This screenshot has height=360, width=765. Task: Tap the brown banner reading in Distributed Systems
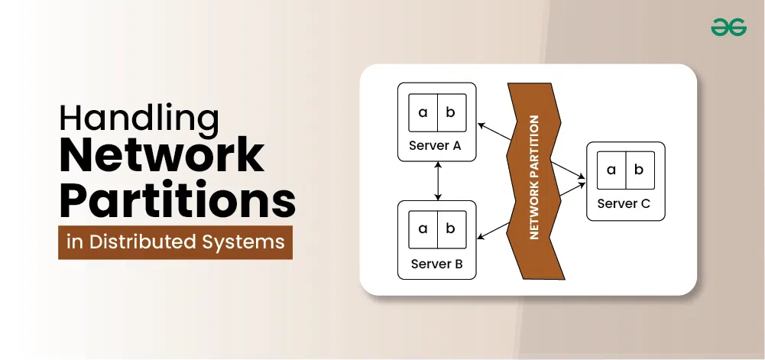[x=175, y=242]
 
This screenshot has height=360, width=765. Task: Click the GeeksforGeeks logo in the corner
[x=727, y=28]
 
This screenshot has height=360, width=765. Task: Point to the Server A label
[x=435, y=147]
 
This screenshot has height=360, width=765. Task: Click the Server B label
[x=436, y=264]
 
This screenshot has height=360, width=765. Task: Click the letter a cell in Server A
[x=423, y=113]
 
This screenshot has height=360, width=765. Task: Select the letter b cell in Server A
[x=450, y=113]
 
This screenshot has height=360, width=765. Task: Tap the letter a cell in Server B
[x=423, y=229]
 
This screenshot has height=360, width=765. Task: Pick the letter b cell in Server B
[x=450, y=229]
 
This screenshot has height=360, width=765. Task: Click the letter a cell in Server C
[x=611, y=170]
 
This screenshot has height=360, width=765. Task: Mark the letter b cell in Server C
[x=639, y=170]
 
